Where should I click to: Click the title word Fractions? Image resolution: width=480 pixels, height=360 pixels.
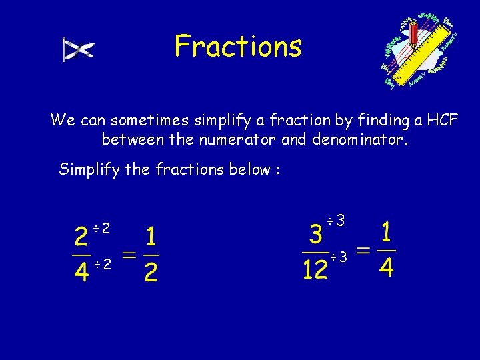tap(238, 47)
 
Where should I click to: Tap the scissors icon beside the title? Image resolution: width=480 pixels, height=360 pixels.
tap(78, 50)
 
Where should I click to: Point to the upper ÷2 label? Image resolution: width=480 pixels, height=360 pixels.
tap(101, 229)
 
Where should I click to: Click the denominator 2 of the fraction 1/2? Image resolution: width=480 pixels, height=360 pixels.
tap(151, 271)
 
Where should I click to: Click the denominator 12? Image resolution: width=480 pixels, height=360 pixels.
tap(315, 269)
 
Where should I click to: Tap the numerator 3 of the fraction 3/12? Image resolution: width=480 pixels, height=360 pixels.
tap(316, 235)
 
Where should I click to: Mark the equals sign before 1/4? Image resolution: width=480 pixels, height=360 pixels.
tap(363, 251)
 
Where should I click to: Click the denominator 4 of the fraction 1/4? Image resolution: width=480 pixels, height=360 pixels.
tap(387, 267)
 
